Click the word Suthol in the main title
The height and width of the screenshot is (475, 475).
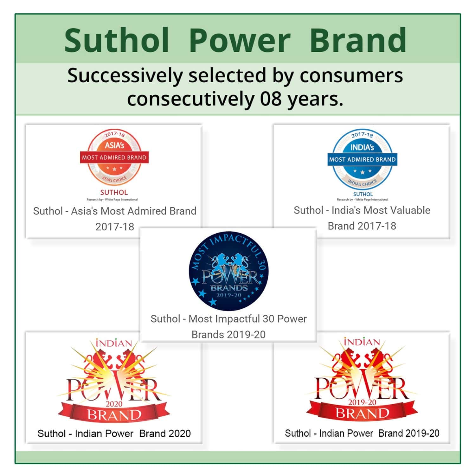coord(117,41)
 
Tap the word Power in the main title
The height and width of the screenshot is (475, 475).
coord(240,41)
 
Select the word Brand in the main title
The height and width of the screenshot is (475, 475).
coord(358,41)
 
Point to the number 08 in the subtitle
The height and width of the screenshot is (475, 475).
coord(271,99)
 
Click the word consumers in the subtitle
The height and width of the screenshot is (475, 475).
coord(351,76)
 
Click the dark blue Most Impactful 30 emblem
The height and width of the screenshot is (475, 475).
coord(228,271)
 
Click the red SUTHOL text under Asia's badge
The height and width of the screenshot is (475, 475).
coord(114,192)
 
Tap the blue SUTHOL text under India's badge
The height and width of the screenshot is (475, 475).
coord(363,194)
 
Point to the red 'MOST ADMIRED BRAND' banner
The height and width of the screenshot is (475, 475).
coord(114,157)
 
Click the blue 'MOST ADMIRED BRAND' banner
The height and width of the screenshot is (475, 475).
coord(362,159)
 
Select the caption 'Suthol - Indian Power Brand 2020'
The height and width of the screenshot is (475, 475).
coord(114,433)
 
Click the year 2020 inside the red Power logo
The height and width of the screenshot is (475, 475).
coord(114,404)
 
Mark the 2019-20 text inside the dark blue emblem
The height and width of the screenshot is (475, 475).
coord(228,295)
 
